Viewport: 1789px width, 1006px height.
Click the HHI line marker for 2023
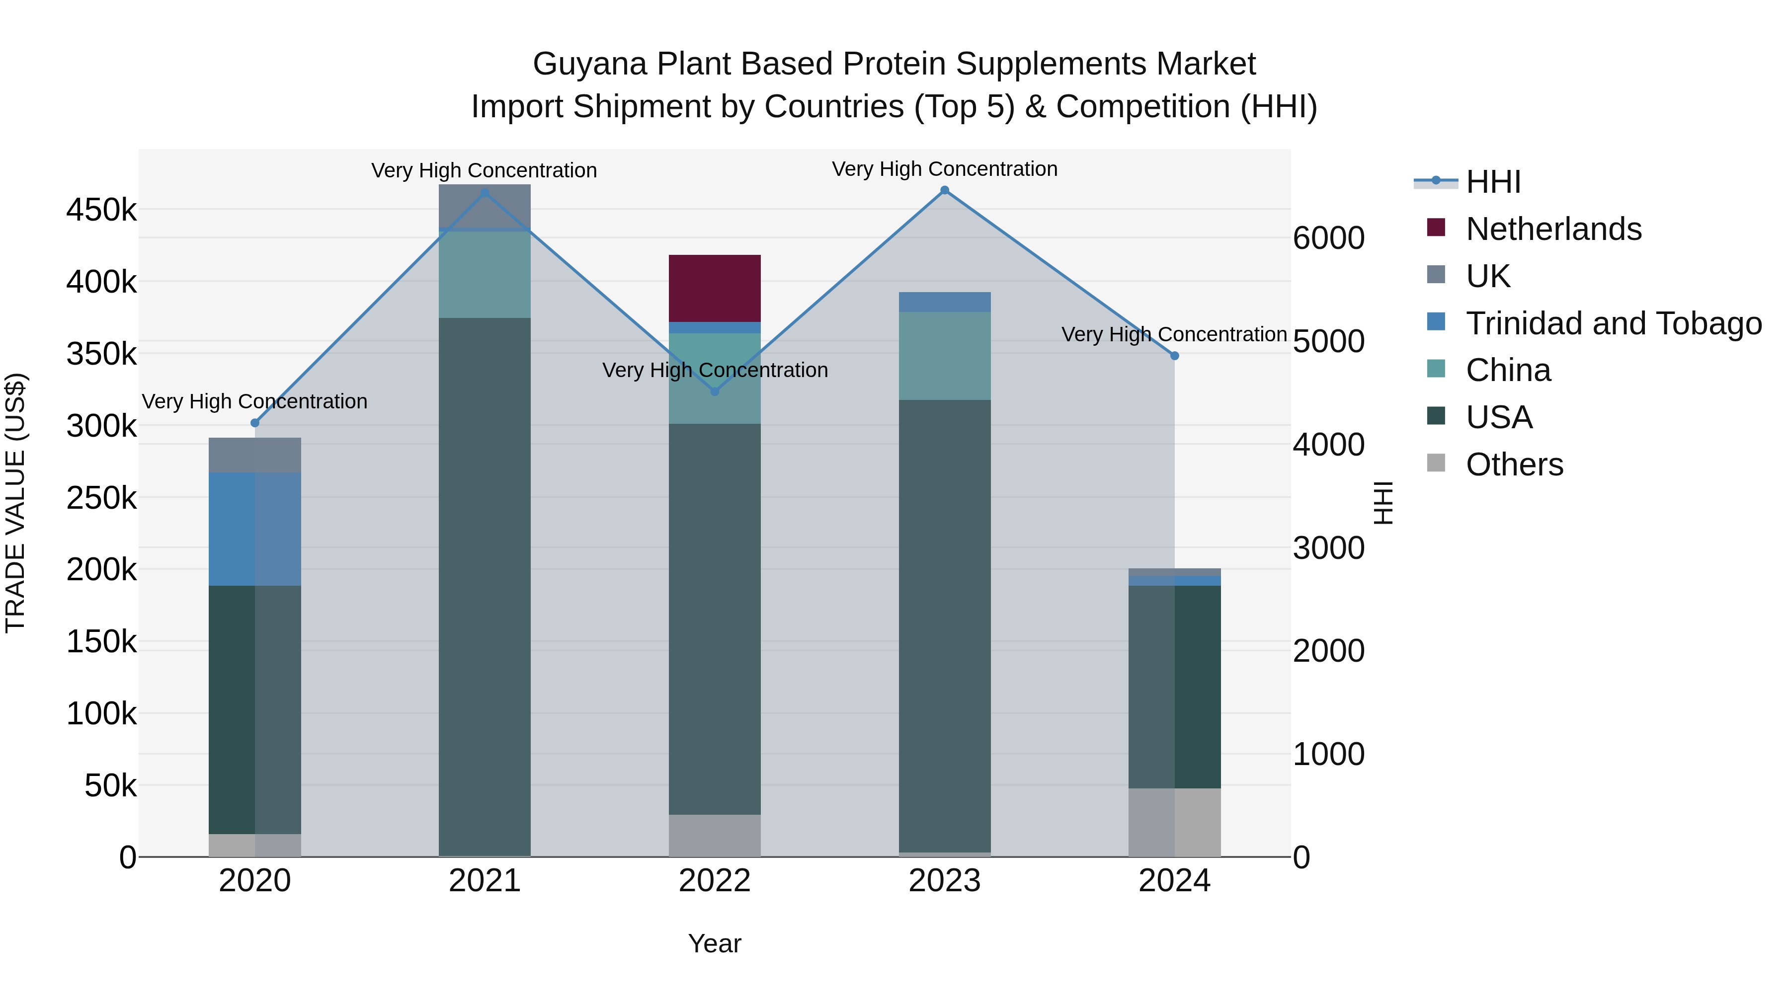click(x=945, y=190)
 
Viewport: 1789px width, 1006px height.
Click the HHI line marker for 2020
click(x=255, y=423)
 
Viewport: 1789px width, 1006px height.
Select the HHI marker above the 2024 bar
click(x=1174, y=356)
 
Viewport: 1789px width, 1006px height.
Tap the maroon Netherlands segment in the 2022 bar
click(x=715, y=288)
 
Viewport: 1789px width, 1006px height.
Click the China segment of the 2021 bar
click(x=485, y=274)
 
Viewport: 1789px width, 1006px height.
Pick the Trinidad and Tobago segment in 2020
click(x=255, y=529)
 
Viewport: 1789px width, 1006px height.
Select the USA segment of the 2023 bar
click(x=945, y=625)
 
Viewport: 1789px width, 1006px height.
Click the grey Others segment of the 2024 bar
click(x=1174, y=822)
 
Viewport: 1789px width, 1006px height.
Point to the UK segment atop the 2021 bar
click(x=485, y=206)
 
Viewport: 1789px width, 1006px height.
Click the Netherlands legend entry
click(x=1553, y=229)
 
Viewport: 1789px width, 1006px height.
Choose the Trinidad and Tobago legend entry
click(x=1613, y=323)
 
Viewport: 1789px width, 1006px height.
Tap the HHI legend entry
click(x=1493, y=182)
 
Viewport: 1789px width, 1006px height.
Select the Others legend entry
click(x=1514, y=464)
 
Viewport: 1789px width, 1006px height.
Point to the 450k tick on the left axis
click(x=101, y=210)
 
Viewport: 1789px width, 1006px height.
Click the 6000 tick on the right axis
click(x=1328, y=238)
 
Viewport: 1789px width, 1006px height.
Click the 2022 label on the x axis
click(x=715, y=881)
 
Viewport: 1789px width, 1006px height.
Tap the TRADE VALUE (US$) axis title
click(x=15, y=503)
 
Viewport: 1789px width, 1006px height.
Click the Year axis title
click(x=715, y=943)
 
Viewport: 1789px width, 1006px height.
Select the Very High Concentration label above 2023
click(x=945, y=169)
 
